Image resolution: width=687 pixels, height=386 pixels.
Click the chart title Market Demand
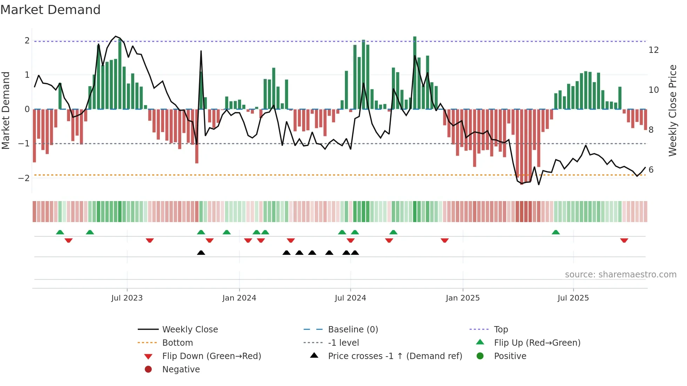50,10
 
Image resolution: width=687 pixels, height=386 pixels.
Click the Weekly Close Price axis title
673,110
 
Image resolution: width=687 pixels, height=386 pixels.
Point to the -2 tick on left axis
24,178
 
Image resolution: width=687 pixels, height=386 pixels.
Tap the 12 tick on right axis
653,50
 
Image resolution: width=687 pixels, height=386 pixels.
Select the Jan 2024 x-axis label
239,298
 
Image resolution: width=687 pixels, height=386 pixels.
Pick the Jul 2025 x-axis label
573,298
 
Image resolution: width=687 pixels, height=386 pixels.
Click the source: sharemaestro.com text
620,275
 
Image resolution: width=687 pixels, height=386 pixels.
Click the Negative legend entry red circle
148,370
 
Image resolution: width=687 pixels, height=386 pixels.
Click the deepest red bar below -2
522,147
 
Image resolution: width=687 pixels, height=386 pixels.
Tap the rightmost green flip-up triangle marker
556,232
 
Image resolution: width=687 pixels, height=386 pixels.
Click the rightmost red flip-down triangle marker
624,240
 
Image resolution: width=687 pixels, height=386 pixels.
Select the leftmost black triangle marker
201,253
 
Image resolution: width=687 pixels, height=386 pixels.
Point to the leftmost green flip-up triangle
60,232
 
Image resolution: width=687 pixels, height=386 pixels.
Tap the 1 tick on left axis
27,75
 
